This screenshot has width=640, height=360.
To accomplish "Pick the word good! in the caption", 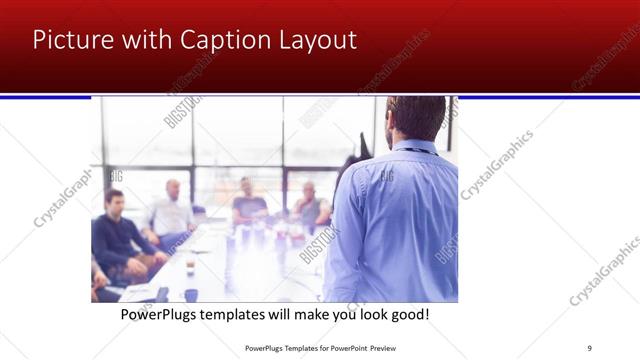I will [x=407, y=315].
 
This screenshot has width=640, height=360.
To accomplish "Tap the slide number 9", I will [x=589, y=348].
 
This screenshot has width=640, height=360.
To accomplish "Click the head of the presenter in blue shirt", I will [x=414, y=118].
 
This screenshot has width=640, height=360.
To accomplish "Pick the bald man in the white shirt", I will [x=172, y=210].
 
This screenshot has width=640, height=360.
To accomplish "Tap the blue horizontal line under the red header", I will [x=320, y=96].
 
